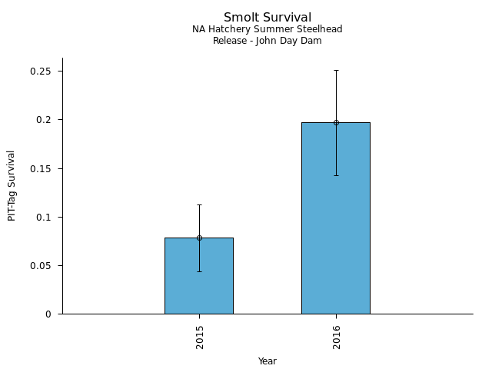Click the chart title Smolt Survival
click(268, 17)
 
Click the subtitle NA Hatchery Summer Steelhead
click(268, 29)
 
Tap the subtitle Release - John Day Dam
click(268, 41)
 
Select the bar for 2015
click(199, 277)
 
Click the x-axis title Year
click(268, 361)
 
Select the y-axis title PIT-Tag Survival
click(12, 185)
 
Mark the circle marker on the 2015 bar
click(199, 238)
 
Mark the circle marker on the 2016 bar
click(336, 122)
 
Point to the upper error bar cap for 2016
click(336, 70)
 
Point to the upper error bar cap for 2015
click(199, 204)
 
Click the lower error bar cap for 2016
click(336, 175)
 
